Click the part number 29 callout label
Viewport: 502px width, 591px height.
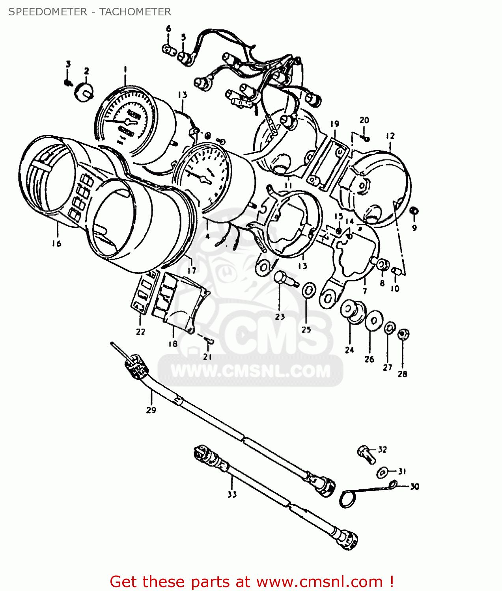(151, 410)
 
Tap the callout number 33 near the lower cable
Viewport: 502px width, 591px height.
(232, 494)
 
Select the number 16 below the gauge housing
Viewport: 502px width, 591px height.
(56, 243)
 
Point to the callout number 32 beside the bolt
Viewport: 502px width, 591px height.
(383, 450)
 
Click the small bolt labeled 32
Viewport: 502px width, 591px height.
(366, 454)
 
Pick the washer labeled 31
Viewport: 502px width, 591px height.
(382, 472)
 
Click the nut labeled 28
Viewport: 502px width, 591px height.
(403, 335)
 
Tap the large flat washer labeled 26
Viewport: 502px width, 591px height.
(373, 321)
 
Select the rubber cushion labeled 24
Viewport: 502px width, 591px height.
(351, 311)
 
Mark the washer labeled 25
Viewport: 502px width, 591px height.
(308, 291)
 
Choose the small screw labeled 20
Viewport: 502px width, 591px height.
(366, 138)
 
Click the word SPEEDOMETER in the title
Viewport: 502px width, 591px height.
(48, 12)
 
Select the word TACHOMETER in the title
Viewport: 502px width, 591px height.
(135, 12)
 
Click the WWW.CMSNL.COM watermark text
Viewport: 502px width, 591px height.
(250, 371)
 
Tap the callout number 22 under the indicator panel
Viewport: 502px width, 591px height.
(141, 332)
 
